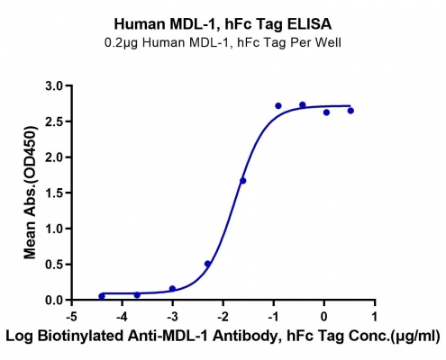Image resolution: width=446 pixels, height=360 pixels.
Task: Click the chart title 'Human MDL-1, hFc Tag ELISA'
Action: (223, 24)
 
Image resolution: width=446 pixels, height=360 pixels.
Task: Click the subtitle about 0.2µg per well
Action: (223, 42)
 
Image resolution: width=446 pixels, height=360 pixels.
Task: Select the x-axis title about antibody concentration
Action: (223, 336)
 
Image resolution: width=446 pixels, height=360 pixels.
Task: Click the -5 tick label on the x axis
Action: (72, 317)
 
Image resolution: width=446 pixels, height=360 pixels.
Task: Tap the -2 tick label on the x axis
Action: (223, 317)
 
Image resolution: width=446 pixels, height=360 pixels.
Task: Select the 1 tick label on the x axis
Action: (374, 317)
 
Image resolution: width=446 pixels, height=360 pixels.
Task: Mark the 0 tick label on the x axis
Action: (323, 317)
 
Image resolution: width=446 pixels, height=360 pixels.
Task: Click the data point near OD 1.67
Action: (242, 181)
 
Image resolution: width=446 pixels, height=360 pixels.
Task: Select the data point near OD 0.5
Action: (207, 264)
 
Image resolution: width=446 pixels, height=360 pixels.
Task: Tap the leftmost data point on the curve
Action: (102, 296)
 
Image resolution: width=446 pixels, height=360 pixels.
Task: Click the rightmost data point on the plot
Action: (350, 111)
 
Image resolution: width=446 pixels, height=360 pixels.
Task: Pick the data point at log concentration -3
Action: (172, 289)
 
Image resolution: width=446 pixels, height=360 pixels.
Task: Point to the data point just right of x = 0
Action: (326, 112)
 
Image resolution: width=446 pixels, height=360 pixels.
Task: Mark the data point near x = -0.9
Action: (278, 105)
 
